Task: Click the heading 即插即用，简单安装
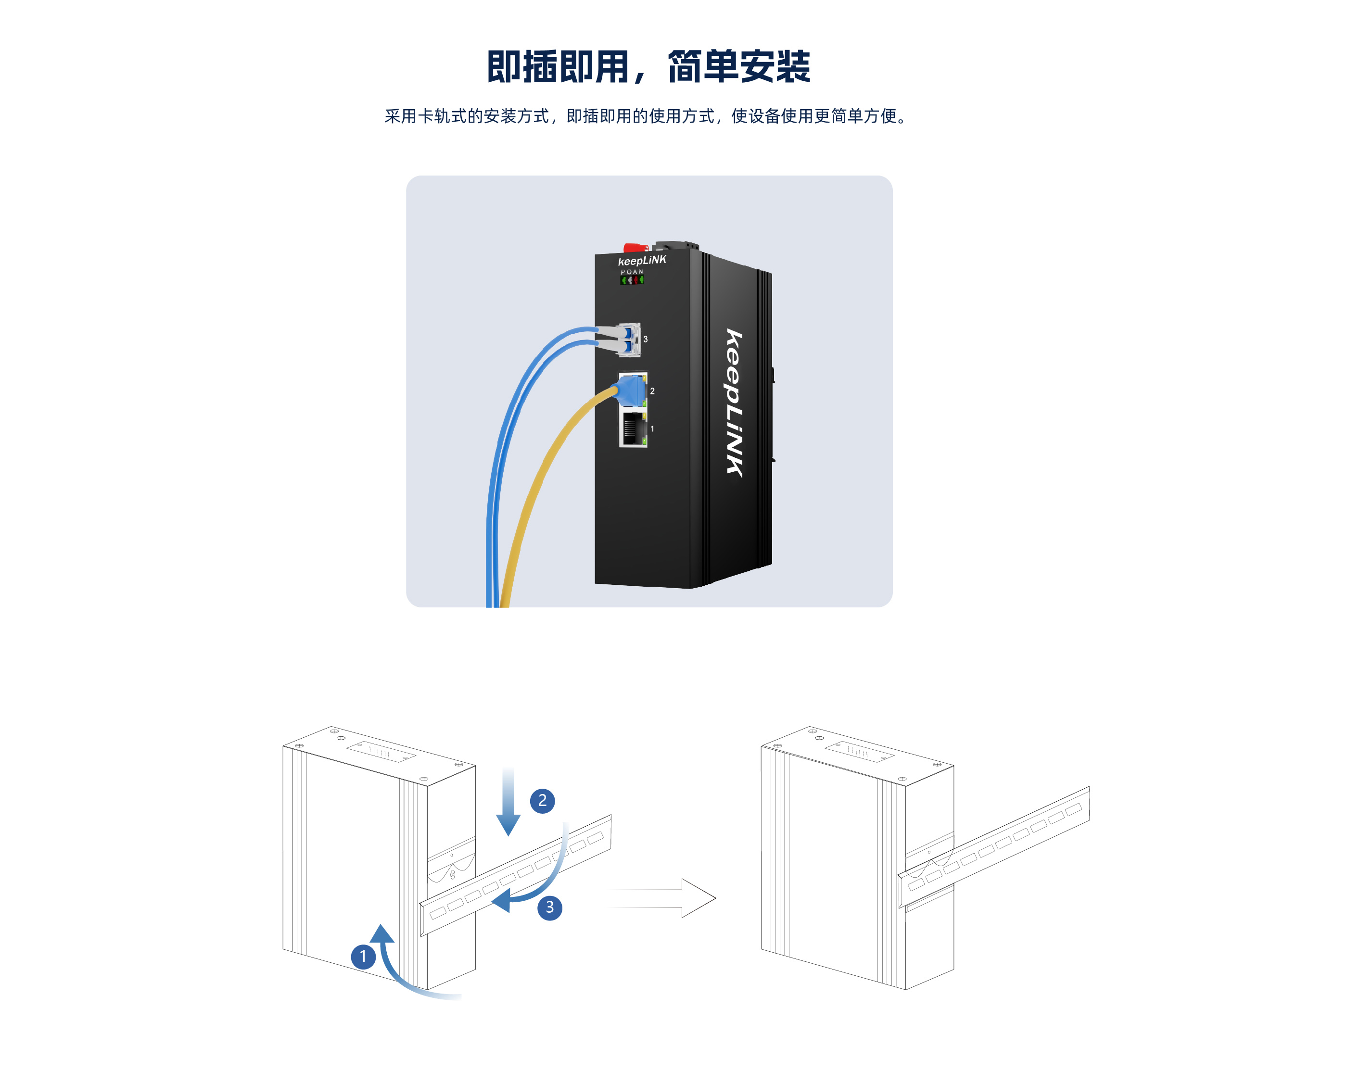[x=648, y=67]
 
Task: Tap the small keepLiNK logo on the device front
[x=642, y=260]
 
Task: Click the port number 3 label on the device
[x=646, y=339]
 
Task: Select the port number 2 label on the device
[x=652, y=391]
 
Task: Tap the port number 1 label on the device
[x=652, y=428]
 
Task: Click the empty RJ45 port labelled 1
[x=633, y=429]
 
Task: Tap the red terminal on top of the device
[x=635, y=248]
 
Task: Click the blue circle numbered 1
[x=363, y=956]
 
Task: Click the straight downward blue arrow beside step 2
[x=508, y=803]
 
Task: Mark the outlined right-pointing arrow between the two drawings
[x=663, y=898]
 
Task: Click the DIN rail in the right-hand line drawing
[x=994, y=846]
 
